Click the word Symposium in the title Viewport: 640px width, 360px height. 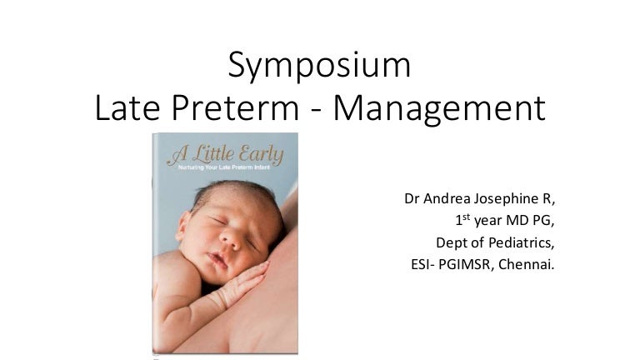319,65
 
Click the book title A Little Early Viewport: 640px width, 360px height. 225,154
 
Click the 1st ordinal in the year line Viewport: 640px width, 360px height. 462,222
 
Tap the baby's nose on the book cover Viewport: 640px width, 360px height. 219,247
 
